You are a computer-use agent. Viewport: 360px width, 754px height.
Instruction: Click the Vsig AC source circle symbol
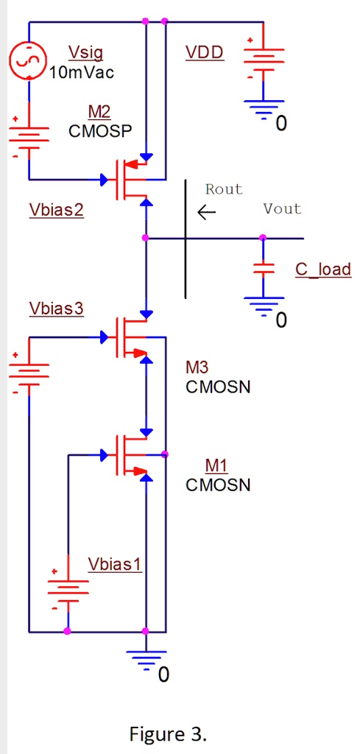click(x=29, y=60)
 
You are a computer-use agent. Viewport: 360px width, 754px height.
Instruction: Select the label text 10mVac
click(x=82, y=72)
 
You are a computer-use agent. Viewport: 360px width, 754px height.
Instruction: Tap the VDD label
click(x=205, y=53)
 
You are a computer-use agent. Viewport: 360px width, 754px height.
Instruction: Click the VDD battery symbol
click(x=264, y=58)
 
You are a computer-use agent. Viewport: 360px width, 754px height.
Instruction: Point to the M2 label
click(x=99, y=112)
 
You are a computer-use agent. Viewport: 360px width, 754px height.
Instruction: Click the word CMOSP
click(x=100, y=132)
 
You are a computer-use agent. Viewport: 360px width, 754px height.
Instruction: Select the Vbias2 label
click(x=57, y=210)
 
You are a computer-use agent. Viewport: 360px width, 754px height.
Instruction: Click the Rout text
click(x=224, y=189)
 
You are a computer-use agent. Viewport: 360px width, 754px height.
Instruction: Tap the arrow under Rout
click(x=207, y=214)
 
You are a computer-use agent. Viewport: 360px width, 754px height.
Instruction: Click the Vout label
click(x=282, y=209)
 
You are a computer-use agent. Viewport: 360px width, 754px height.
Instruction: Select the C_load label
click(x=323, y=269)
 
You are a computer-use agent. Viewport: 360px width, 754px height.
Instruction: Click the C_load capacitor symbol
click(x=264, y=269)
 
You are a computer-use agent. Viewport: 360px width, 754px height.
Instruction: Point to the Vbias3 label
click(x=57, y=309)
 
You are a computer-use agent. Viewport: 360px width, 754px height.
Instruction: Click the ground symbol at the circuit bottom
click(x=147, y=659)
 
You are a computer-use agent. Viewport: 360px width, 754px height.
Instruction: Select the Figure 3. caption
click(x=169, y=734)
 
